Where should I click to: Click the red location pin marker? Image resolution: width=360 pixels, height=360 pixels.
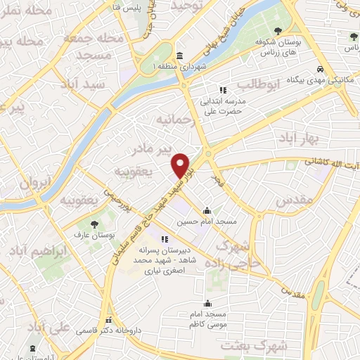tap(181, 165)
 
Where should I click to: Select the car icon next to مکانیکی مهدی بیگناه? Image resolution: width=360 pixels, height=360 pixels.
tap(320, 70)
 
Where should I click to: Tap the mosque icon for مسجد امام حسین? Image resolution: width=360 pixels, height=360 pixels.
tap(207, 210)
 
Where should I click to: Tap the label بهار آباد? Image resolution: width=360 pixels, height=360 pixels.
tap(299, 134)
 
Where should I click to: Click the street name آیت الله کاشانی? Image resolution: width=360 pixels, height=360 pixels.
tap(330, 163)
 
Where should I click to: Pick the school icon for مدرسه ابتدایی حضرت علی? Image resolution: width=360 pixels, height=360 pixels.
tap(223, 90)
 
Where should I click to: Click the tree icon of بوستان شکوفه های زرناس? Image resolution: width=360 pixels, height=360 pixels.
tap(280, 30)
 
